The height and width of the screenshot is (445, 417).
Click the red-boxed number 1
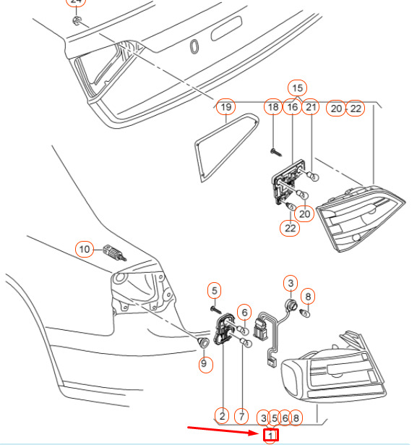click(x=271, y=435)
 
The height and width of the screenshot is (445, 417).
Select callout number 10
click(x=85, y=249)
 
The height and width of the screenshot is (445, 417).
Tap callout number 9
click(x=204, y=363)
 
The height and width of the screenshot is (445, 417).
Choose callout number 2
click(x=222, y=416)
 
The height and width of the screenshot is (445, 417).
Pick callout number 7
click(x=241, y=416)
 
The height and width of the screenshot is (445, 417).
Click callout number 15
click(x=297, y=88)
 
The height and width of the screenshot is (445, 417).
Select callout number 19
click(x=226, y=107)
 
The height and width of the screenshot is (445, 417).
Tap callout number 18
click(x=273, y=107)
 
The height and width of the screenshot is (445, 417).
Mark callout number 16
click(x=292, y=107)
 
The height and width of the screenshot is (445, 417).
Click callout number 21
click(x=311, y=107)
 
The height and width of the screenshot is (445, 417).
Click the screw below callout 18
click(x=276, y=152)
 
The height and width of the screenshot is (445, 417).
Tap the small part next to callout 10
click(x=114, y=253)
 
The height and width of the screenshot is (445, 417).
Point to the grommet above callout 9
click(x=204, y=342)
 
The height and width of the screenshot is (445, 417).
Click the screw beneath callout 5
click(x=216, y=310)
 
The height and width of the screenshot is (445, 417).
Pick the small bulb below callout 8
click(x=305, y=313)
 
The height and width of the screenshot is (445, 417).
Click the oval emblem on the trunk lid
click(x=194, y=46)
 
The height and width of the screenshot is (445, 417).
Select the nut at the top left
click(x=77, y=20)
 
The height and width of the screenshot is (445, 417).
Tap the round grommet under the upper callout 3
click(x=291, y=305)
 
